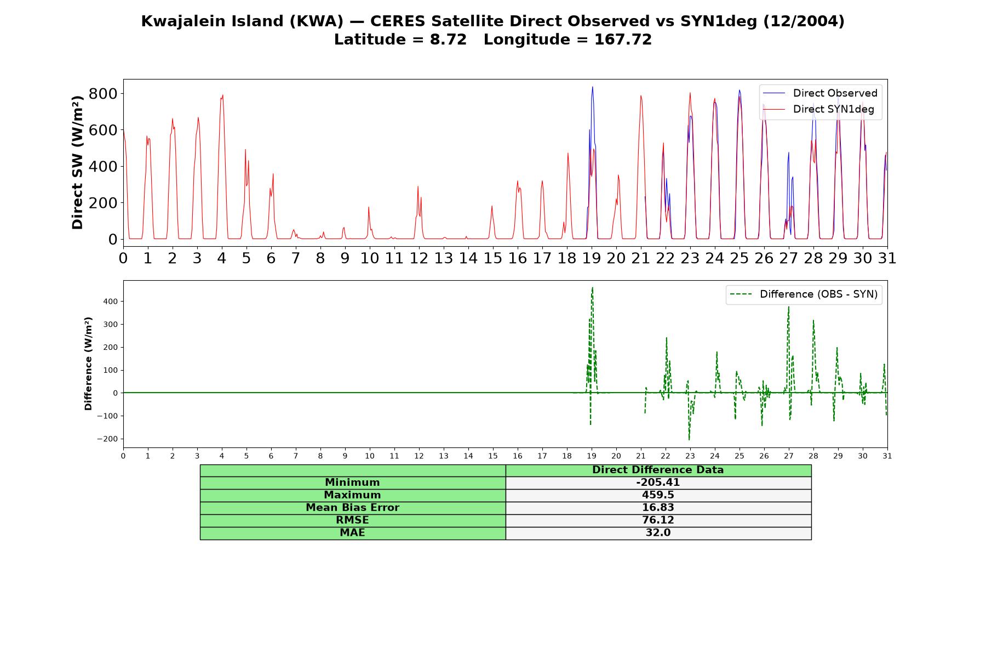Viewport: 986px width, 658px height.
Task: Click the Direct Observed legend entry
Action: [x=820, y=93]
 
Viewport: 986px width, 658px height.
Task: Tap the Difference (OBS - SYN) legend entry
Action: [x=804, y=294]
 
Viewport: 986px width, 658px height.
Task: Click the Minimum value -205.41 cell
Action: [x=658, y=483]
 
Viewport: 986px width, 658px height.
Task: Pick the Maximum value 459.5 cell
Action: [x=658, y=495]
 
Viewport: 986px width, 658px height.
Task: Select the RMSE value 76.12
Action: [x=658, y=520]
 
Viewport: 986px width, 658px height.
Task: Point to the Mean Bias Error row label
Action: [x=352, y=508]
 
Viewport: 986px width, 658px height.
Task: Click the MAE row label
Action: [x=352, y=533]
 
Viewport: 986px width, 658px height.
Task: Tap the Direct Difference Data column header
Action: [x=658, y=470]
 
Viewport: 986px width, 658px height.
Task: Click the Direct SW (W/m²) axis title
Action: [x=77, y=162]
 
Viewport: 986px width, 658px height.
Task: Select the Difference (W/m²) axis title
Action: [x=88, y=364]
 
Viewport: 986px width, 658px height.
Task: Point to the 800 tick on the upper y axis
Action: [x=103, y=94]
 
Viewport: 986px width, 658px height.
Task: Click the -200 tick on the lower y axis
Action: [x=107, y=439]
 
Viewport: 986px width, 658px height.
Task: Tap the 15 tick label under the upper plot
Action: [x=492, y=258]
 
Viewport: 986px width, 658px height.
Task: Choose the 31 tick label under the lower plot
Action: [x=887, y=456]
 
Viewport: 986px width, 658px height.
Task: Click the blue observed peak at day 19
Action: [x=592, y=87]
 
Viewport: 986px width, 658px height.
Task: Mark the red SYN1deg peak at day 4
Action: [x=222, y=95]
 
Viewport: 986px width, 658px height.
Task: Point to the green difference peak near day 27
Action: [x=788, y=307]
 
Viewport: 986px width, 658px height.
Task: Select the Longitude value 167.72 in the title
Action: [x=623, y=39]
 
